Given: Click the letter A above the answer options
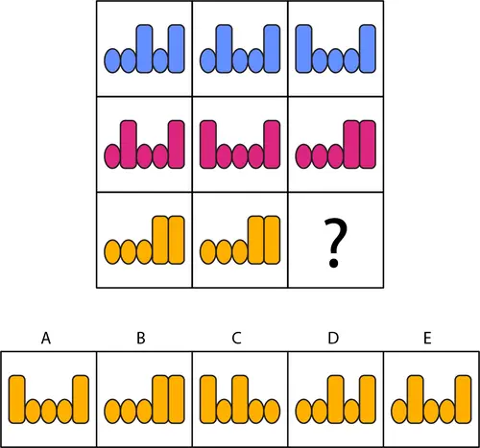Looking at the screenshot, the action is click(46, 338).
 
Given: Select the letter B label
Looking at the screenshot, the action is click(141, 338).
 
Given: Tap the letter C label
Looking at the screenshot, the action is click(236, 338).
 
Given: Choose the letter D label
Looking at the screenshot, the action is click(333, 338).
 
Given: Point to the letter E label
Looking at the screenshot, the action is click(427, 338).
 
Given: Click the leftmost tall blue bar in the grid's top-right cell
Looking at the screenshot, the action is click(303, 48).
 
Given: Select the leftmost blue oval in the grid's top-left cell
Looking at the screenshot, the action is click(112, 60).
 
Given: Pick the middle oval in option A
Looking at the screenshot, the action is click(49, 411).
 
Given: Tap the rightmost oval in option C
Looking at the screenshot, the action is click(272, 412).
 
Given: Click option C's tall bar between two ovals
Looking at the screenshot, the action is click(240, 399).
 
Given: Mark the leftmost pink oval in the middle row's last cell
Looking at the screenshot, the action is click(303, 156).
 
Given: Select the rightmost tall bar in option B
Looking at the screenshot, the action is click(177, 399).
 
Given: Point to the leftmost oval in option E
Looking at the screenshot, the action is click(399, 412).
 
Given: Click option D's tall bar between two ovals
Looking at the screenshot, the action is click(336, 399).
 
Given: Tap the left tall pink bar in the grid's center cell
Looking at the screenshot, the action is click(208, 144).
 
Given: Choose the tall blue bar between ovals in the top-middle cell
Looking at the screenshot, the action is click(224, 48).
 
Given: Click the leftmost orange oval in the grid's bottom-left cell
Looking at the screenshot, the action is click(112, 252).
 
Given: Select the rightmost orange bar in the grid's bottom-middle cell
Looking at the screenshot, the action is click(272, 240).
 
